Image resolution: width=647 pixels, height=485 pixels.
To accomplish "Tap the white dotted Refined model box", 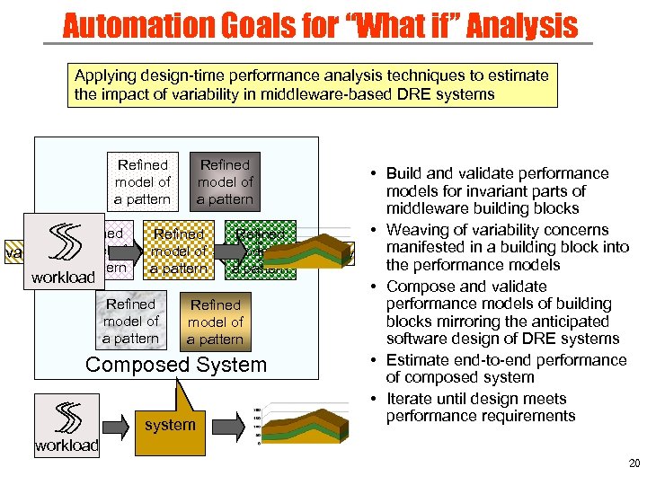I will coord(142,182).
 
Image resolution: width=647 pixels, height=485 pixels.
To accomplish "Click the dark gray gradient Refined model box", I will coord(225,182).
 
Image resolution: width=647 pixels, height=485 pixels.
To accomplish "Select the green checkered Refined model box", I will coord(261,251).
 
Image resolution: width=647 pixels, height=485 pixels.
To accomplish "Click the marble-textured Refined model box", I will coord(131,322).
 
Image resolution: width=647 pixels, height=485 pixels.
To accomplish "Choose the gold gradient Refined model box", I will coord(216,322).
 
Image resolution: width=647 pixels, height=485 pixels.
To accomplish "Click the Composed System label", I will coord(176,365).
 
